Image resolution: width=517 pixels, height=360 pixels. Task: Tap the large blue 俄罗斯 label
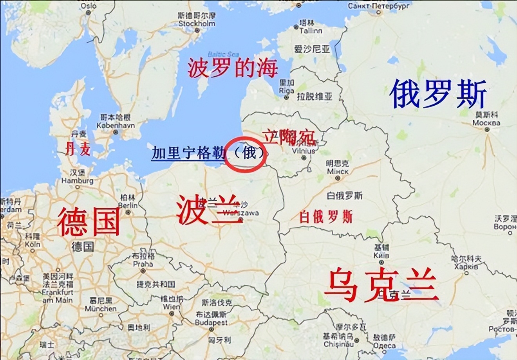438,94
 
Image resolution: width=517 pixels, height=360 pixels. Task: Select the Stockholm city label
197,23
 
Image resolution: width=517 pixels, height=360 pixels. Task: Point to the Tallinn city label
311,31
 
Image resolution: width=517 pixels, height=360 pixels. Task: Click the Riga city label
286,90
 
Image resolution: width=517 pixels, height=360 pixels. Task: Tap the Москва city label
486,122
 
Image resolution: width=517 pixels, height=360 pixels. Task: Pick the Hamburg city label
77,181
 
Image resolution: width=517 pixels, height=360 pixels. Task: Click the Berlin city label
128,205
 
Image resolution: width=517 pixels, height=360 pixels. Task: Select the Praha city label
143,264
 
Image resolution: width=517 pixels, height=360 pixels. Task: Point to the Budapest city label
211,323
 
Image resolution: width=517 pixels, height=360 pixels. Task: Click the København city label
116,125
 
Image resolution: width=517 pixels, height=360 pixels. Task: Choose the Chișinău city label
339,344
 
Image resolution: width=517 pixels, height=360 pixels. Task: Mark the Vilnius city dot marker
304,158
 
